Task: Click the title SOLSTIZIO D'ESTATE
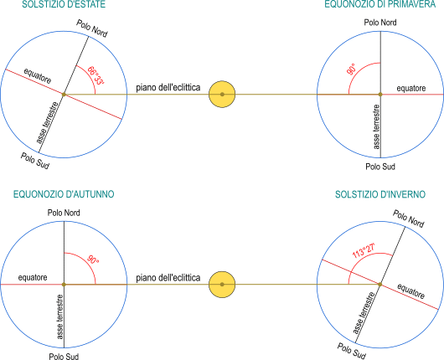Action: point(64,4)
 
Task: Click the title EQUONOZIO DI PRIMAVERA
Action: point(380,4)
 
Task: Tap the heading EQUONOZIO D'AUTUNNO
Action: point(64,194)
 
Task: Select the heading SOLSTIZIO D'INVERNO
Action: point(380,194)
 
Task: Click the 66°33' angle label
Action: point(96,75)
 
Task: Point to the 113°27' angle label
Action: point(364,250)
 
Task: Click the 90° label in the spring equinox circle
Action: point(351,69)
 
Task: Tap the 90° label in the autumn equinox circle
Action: point(93,260)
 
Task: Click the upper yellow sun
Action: point(222,95)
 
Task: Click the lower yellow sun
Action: point(222,285)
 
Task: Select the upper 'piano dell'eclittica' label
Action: point(168,87)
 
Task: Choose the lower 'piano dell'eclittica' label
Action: point(168,278)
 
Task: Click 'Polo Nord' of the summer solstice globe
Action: point(92,28)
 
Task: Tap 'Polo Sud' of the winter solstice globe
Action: point(351,351)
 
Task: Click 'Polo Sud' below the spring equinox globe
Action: point(380,167)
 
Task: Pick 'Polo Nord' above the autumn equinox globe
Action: point(64,213)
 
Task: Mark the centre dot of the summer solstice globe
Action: point(64,95)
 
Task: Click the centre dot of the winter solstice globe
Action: point(380,285)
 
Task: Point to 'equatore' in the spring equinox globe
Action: point(411,88)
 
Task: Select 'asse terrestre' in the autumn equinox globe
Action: point(59,317)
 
